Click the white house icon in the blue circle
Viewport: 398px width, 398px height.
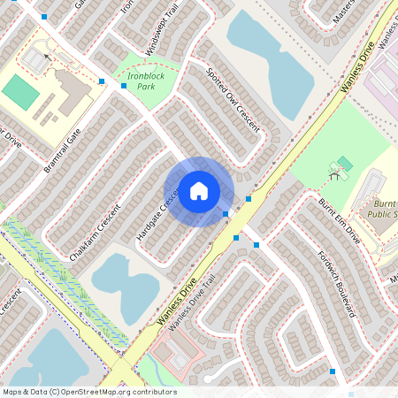pyautogui.click(x=199, y=191)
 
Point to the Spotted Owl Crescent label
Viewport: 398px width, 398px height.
pyautogui.click(x=233, y=101)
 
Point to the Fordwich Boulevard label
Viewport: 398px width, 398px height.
pyautogui.click(x=341, y=287)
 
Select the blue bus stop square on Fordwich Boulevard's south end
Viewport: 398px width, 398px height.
pyautogui.click(x=333, y=371)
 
